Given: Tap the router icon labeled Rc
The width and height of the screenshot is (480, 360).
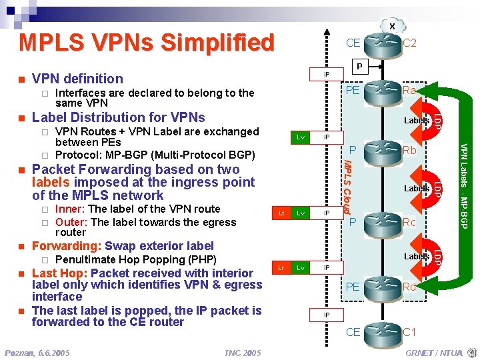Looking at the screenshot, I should point(381,222).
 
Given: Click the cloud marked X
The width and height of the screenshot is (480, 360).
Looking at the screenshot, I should point(392,26).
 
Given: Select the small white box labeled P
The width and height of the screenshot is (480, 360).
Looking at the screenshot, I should point(359,67).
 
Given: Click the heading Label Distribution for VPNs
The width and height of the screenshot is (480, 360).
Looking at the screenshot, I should point(119,118).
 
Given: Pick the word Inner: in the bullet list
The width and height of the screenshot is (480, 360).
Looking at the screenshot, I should point(70,209).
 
